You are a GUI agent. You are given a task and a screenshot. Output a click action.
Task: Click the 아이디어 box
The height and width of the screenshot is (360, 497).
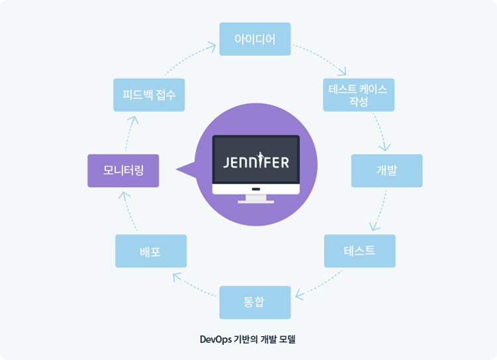click(x=255, y=39)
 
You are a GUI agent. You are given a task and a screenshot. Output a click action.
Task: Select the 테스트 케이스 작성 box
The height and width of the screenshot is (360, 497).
click(x=359, y=95)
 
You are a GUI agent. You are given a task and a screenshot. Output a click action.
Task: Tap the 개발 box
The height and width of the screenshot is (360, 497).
click(x=386, y=170)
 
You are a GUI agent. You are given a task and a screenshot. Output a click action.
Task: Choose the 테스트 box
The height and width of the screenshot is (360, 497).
click(x=359, y=251)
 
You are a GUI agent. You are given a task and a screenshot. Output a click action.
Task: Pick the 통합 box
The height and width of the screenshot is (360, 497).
click(x=254, y=302)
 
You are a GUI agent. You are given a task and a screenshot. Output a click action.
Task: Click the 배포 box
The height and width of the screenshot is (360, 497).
click(x=150, y=251)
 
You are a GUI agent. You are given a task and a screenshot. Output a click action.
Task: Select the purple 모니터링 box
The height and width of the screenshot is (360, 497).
click(x=123, y=170)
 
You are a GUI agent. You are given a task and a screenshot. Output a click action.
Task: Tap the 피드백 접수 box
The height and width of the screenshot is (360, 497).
click(x=149, y=95)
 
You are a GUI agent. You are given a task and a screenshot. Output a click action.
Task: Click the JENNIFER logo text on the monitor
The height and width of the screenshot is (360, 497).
click(x=256, y=162)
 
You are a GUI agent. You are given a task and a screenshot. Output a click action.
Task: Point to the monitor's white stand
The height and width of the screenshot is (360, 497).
click(x=256, y=198)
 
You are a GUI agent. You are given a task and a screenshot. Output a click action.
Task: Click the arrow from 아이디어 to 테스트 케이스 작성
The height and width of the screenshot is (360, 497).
click(x=321, y=59)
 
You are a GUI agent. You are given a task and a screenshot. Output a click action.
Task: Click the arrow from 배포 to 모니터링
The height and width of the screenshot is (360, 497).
click(x=133, y=211)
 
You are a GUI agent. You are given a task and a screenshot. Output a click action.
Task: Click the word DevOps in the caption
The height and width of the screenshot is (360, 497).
click(x=215, y=339)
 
